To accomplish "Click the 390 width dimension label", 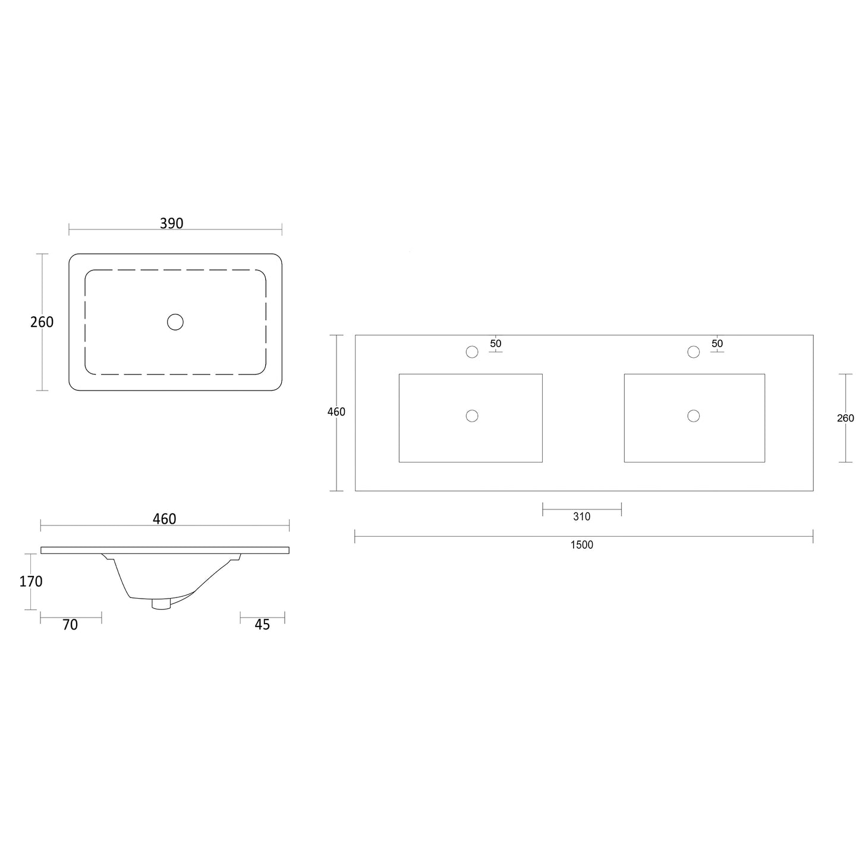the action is tap(172, 224).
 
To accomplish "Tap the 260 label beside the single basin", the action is tap(42, 322).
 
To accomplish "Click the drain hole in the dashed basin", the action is tap(175, 322).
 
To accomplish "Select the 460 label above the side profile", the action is tap(165, 519).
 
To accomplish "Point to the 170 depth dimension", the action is tap(31, 581).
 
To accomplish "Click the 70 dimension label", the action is tap(70, 625).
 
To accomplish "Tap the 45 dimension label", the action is tap(262, 625).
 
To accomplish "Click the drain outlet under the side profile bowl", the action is tap(161, 604).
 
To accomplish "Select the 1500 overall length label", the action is tap(582, 545).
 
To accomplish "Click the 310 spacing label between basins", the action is tap(582, 517).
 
